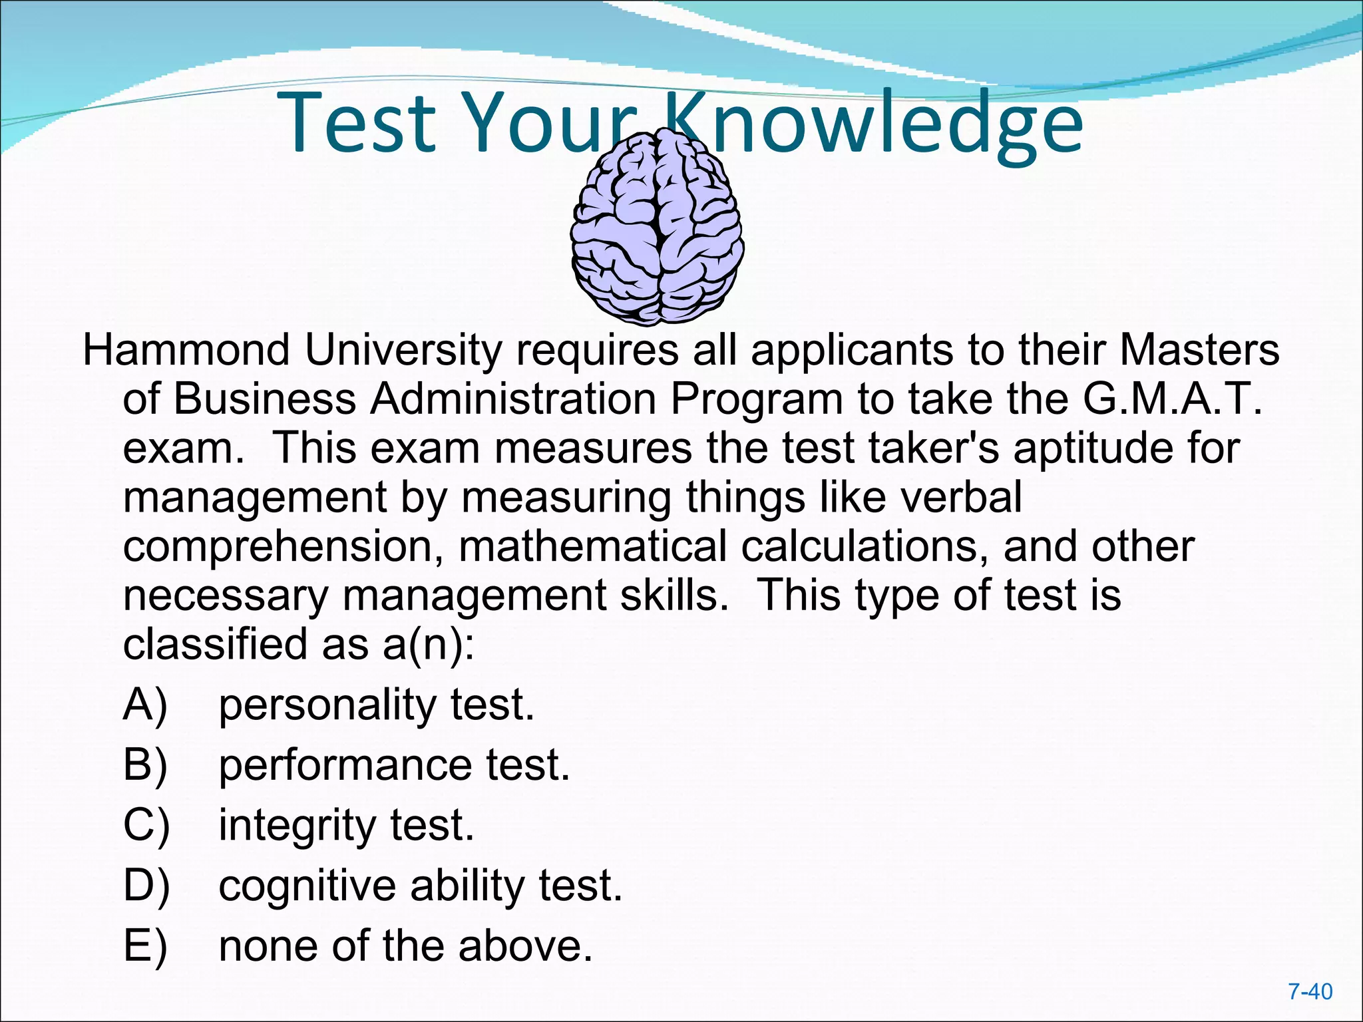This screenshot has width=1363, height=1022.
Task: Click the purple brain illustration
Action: pos(657,227)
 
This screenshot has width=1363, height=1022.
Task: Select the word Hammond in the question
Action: pos(186,351)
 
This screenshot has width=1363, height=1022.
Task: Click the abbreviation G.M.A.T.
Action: pos(1171,399)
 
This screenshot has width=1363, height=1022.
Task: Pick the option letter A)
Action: pos(145,705)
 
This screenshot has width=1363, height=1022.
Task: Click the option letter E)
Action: pos(145,946)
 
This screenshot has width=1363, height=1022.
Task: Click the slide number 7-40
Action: pos(1310,992)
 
